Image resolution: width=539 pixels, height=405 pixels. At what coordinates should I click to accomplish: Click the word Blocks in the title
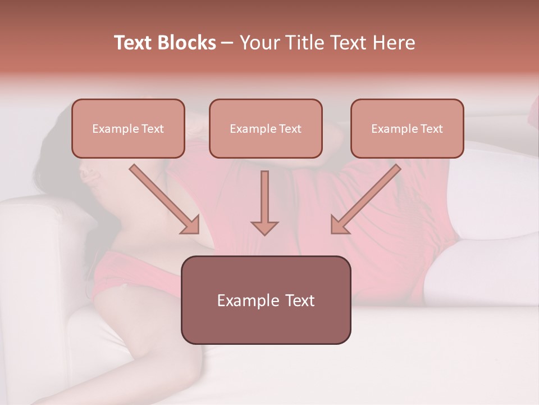[x=186, y=43]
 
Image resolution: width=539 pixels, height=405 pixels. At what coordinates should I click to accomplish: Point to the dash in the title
[x=227, y=43]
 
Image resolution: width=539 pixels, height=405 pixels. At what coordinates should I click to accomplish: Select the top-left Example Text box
[x=128, y=128]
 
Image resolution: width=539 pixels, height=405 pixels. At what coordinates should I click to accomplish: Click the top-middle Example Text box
[x=266, y=128]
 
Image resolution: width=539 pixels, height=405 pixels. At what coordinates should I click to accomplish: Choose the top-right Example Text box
[x=407, y=128]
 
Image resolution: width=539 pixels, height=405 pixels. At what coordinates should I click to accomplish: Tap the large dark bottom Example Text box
[x=266, y=300]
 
